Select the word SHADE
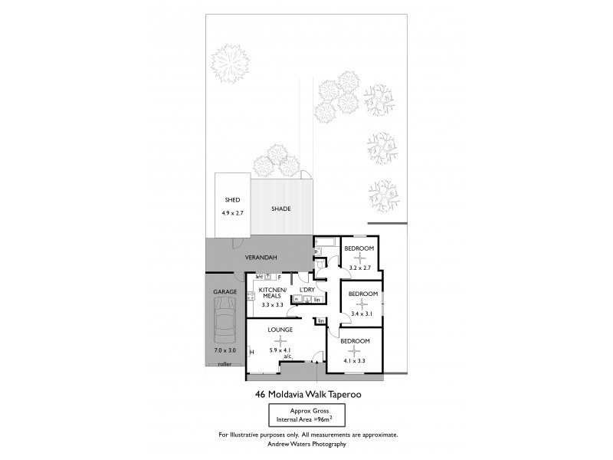pyautogui.click(x=281, y=209)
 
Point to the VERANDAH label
pyautogui.click(x=261, y=257)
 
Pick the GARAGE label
pyautogui.click(x=225, y=292)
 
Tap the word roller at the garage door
pyautogui.click(x=225, y=363)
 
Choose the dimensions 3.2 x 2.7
pyautogui.click(x=359, y=268)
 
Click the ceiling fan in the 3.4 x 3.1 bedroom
pyautogui.click(x=360, y=304)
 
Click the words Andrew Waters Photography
pyautogui.click(x=308, y=444)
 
